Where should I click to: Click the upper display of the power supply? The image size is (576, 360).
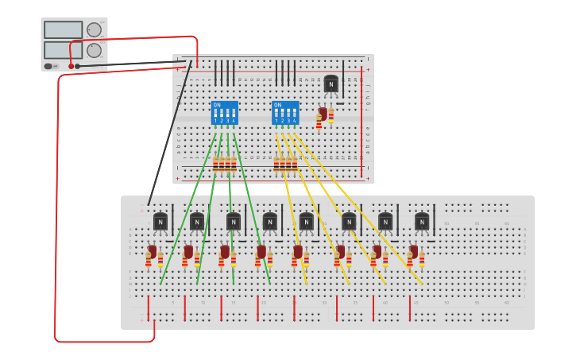64,29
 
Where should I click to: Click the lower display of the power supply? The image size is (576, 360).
64,50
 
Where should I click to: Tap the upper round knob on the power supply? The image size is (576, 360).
94,29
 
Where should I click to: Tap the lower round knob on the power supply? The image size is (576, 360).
94,50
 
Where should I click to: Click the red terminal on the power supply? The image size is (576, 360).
71,66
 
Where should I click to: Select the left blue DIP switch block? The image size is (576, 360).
224,113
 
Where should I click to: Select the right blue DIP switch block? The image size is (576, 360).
285,113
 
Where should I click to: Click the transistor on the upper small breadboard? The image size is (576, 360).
331,83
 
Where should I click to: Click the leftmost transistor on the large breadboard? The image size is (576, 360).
160,222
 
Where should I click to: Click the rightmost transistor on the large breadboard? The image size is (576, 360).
422,222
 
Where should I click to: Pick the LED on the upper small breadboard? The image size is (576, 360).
323,114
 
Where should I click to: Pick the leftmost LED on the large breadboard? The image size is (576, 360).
152,253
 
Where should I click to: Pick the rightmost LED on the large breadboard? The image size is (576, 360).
413,253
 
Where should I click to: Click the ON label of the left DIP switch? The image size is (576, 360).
216,105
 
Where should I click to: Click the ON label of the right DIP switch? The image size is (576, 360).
277,105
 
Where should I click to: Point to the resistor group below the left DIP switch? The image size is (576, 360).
224,164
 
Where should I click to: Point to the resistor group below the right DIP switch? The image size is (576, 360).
285,164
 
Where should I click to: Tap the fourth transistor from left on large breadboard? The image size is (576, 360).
270,222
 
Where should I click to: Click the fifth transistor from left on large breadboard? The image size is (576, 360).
307,222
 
